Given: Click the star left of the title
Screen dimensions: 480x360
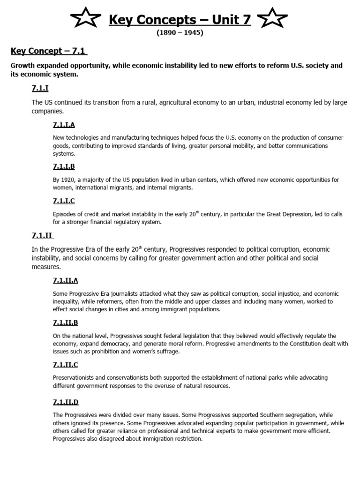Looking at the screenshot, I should pos(85,20).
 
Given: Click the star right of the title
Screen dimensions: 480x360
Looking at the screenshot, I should pos(273,20).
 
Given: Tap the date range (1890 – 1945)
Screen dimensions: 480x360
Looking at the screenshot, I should pos(180,34).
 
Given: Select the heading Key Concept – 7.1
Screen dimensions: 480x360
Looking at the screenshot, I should pos(49,51).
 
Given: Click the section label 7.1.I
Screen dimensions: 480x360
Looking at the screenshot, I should pos(41,88).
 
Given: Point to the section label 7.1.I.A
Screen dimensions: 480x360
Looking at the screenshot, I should pos(64,125).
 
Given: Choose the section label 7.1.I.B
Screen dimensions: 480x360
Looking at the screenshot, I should pos(64,166).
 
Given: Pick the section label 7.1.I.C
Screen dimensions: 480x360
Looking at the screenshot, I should pos(64,201).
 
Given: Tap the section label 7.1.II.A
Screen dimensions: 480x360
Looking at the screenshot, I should pos(66,280).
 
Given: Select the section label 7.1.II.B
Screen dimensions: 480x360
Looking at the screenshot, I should pos(66,322).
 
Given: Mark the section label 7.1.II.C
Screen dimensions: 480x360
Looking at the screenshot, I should pos(66,364).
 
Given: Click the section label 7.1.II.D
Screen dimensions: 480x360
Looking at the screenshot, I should pos(66,402).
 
